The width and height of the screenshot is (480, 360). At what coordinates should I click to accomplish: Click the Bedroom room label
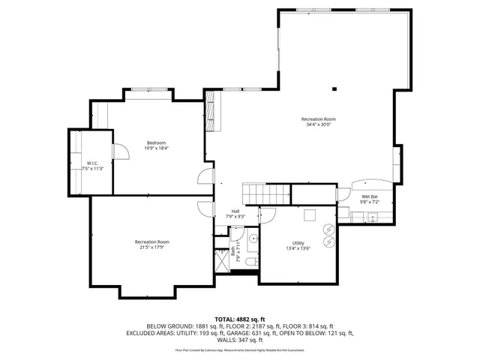coord(156,142)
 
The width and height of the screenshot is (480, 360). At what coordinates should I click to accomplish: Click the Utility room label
coord(298,244)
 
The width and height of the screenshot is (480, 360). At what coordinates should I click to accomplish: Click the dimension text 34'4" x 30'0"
coord(318,125)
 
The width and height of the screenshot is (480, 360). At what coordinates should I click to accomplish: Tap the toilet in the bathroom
coord(251,259)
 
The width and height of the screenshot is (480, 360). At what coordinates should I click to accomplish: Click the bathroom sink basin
coord(252,240)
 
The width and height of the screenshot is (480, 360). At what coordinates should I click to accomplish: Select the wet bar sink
coord(372,217)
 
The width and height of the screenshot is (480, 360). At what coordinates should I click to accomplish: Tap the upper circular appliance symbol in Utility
coord(328,229)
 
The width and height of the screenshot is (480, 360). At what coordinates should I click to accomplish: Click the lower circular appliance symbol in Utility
coord(328,243)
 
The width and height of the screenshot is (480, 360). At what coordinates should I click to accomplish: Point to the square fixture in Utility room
coord(309,216)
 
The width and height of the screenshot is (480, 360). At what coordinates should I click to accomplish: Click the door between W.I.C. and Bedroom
coord(114,152)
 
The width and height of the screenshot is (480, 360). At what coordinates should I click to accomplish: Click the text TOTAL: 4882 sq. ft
coord(239,319)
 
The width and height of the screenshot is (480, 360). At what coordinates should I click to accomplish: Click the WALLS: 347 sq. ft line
coord(239,339)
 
